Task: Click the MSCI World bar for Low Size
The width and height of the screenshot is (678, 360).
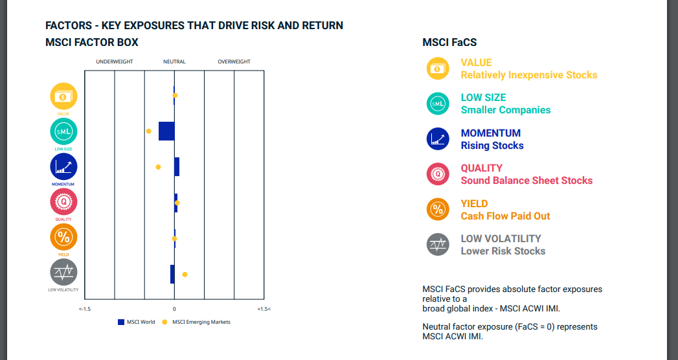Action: coord(166,131)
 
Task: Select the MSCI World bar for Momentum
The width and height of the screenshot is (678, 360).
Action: coord(177,166)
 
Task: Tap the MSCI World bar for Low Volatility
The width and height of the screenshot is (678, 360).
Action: coord(172,274)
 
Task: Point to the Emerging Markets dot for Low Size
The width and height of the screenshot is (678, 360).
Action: coord(148,131)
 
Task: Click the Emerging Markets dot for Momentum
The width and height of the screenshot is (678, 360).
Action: coord(158,167)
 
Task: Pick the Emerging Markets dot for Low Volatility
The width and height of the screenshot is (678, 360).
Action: coord(185,275)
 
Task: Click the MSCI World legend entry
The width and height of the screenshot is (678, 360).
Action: coord(136,322)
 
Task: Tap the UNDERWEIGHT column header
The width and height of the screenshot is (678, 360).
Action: coord(115,62)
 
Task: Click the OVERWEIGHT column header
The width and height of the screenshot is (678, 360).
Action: coord(234,62)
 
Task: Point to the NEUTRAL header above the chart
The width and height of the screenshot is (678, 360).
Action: coord(174,62)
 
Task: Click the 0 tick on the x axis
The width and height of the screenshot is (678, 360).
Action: coord(174,309)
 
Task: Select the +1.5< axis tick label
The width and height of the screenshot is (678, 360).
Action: coord(264,309)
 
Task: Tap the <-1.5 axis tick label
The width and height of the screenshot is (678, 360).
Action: coord(85,309)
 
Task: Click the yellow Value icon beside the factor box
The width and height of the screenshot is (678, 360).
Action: coord(63,96)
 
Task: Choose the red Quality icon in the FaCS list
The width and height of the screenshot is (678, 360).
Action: coord(438,174)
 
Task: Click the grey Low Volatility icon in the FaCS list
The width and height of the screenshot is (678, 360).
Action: coord(438,244)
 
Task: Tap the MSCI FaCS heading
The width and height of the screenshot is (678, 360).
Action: coord(449,43)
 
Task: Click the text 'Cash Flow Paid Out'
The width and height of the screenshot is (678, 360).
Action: coord(505,216)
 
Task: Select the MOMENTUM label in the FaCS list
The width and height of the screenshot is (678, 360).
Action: coord(490,133)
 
